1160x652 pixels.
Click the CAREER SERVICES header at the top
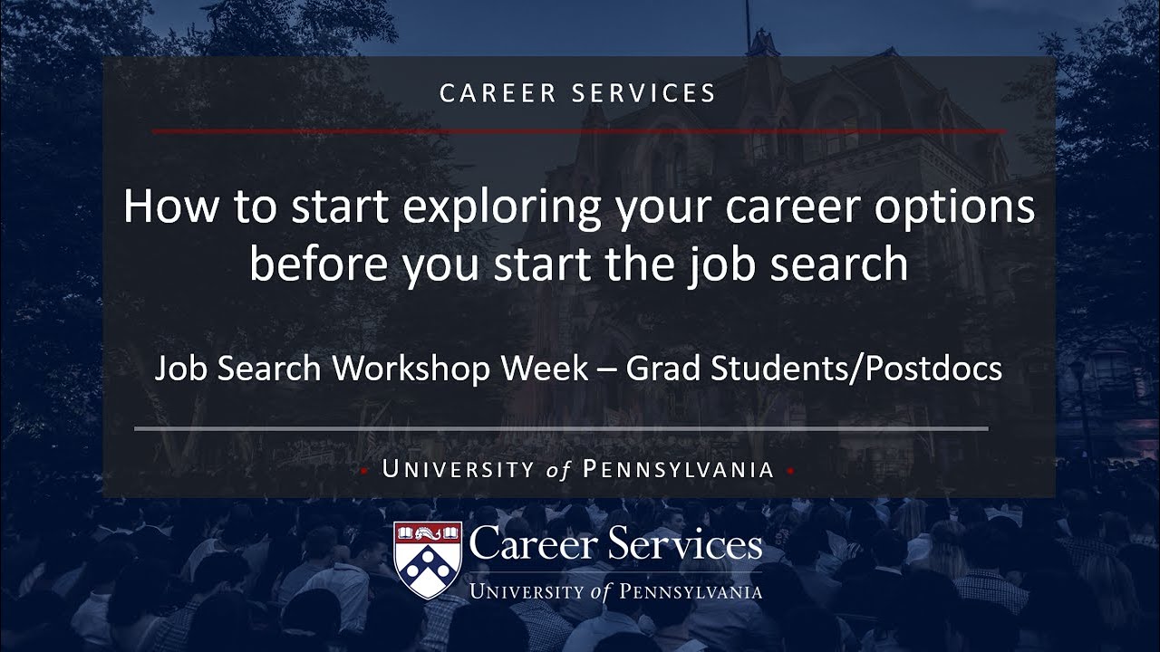pyautogui.click(x=577, y=93)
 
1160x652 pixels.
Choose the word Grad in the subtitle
pyautogui.click(x=662, y=369)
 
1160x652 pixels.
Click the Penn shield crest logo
pyautogui.click(x=428, y=560)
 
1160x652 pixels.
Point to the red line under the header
pyautogui.click(x=577, y=131)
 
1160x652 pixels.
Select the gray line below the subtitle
pyautogui.click(x=561, y=427)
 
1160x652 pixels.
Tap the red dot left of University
pyautogui.click(x=363, y=471)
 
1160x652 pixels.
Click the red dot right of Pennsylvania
pyautogui.click(x=790, y=471)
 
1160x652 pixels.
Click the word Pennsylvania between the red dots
pyautogui.click(x=678, y=470)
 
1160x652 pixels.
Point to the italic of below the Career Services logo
pyautogui.click(x=599, y=592)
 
